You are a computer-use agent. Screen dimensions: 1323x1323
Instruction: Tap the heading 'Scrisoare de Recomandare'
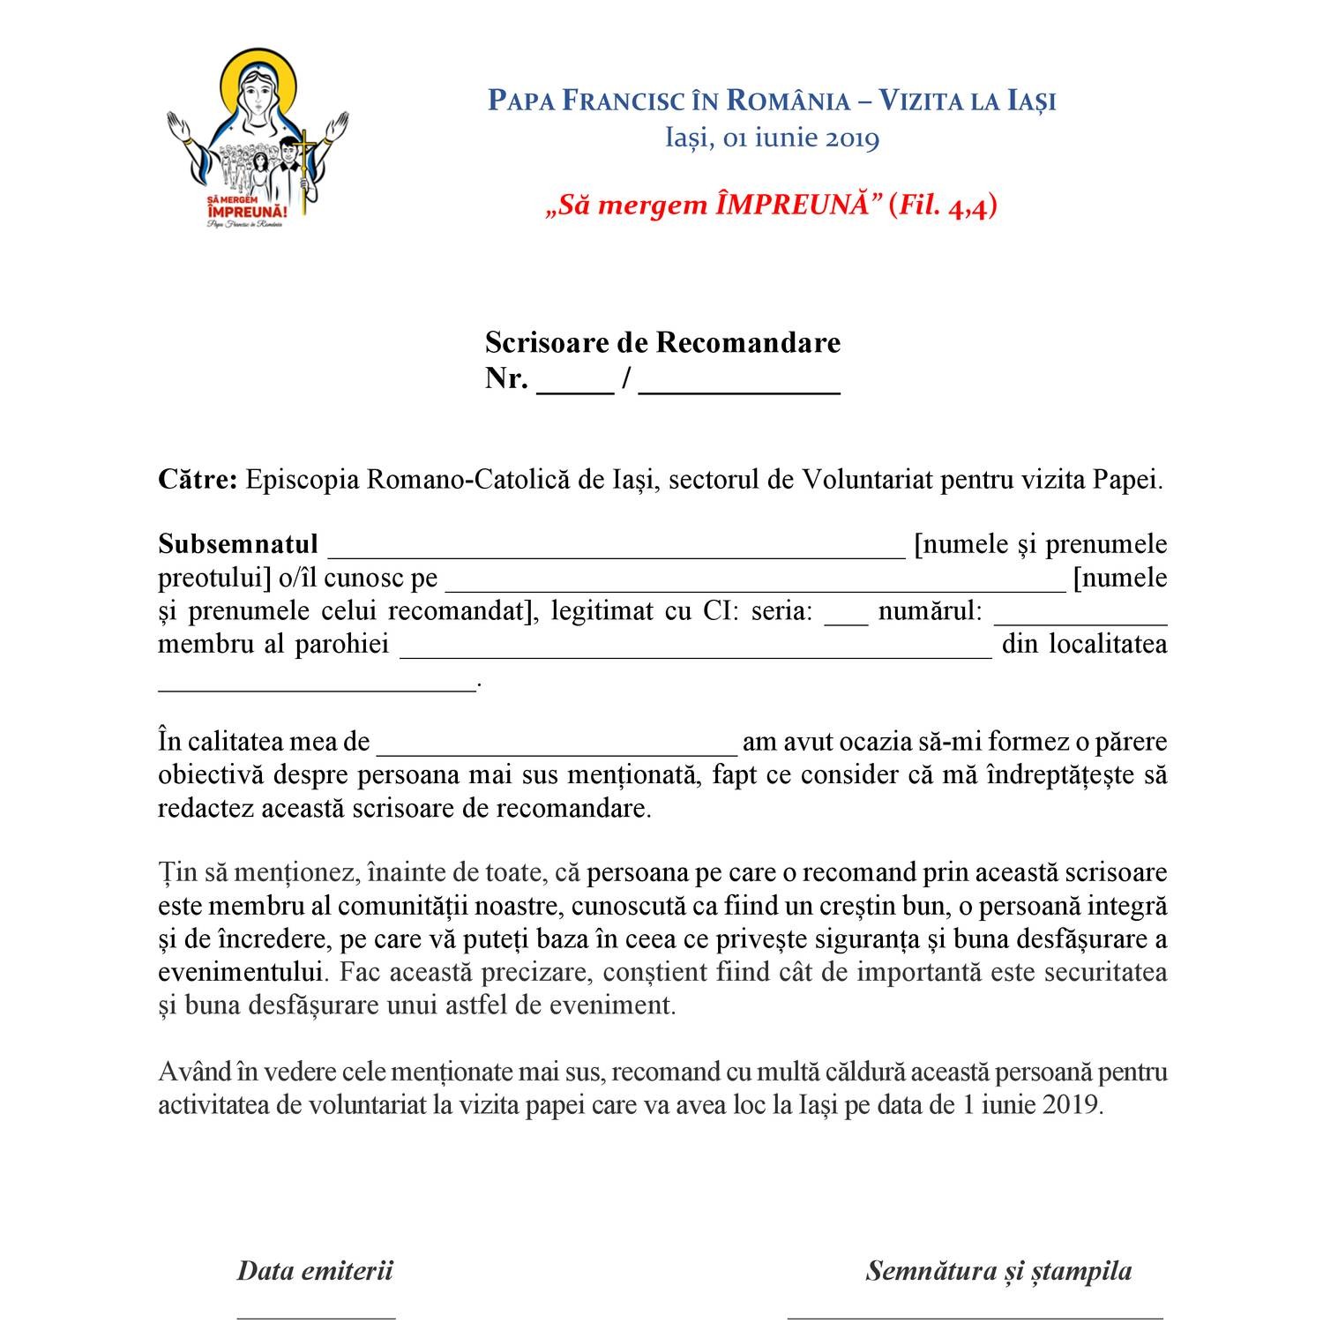(x=662, y=342)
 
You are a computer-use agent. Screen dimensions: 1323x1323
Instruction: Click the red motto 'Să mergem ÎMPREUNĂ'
(x=772, y=206)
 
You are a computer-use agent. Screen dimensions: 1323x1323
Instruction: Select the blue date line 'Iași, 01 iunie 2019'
(x=772, y=138)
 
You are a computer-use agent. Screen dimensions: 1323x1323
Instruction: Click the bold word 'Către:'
(x=198, y=480)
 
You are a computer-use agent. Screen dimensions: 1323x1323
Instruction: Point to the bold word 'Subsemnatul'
(x=238, y=544)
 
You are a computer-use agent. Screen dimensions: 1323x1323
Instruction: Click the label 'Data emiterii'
(x=315, y=1271)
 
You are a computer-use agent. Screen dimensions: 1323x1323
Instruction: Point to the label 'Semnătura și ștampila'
(x=998, y=1271)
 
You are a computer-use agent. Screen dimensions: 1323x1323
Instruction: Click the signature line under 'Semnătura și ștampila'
(x=975, y=1315)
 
